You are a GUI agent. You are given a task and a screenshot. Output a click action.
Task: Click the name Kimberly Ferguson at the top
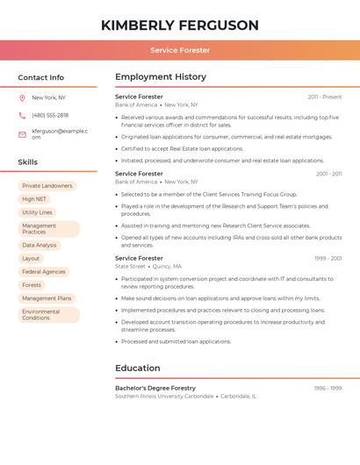[x=180, y=25]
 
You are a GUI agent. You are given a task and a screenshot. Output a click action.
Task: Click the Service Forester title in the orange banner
[x=180, y=50]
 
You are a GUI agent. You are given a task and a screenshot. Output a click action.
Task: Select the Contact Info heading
[x=41, y=77]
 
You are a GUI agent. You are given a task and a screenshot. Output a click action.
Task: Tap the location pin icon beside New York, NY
[x=22, y=97]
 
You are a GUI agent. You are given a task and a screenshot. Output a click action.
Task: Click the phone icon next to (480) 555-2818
[x=22, y=115]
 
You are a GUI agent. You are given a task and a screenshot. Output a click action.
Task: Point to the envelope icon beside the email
[x=22, y=134]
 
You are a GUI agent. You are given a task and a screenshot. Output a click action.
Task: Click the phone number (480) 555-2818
[x=50, y=115]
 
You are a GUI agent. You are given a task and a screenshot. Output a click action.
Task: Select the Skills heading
[x=28, y=162]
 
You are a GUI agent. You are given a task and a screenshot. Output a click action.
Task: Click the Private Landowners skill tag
[x=47, y=186]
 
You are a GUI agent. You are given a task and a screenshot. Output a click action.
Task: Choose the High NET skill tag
[x=34, y=199]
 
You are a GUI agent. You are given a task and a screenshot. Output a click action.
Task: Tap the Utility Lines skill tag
[x=37, y=212]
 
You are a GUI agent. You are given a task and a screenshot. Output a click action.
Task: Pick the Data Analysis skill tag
[x=40, y=246]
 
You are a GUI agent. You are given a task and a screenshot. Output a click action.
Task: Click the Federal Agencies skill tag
[x=44, y=272]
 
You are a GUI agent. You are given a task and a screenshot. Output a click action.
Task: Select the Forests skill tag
[x=32, y=285]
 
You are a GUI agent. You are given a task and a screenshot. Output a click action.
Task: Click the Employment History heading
[x=161, y=77]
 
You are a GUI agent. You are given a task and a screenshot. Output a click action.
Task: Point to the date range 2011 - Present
[x=325, y=97]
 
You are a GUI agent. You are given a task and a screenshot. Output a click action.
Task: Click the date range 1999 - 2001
[x=328, y=259]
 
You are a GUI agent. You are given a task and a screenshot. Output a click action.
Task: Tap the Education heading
[x=138, y=368]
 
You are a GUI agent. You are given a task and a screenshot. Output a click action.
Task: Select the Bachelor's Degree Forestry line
[x=155, y=388]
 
